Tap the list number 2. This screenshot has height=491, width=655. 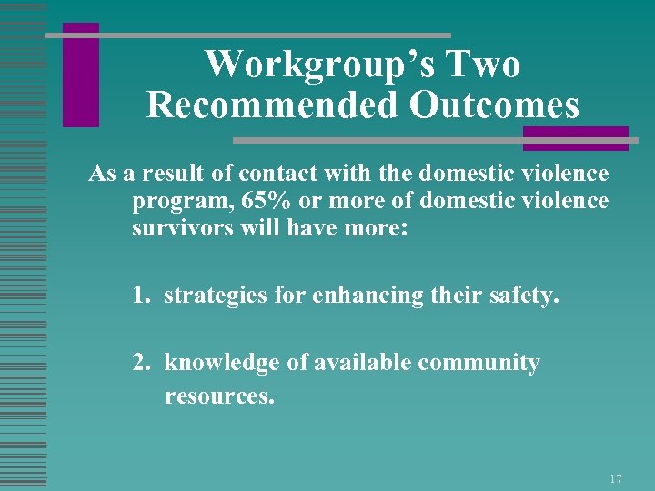click(141, 363)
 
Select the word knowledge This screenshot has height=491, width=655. click(223, 364)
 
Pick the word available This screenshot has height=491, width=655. click(362, 363)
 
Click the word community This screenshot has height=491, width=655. click(479, 364)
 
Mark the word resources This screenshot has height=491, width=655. click(219, 396)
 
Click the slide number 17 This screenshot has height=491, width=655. click(616, 478)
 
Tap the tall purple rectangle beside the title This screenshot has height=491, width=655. click(81, 75)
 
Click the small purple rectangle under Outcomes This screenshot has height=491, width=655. click(575, 138)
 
